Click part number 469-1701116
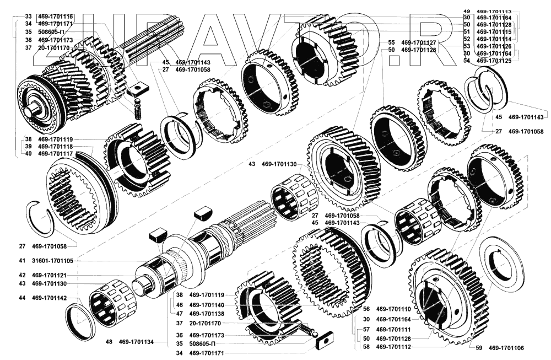(56, 17)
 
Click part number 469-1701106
(506, 348)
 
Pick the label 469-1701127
(419, 42)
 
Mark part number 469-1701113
(494, 12)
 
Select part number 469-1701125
(494, 61)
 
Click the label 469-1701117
(56, 154)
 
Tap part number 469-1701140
(207, 304)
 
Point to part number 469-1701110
(394, 309)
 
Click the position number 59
(478, 348)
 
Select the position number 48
(109, 342)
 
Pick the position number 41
(22, 260)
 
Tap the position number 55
(391, 42)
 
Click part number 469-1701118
(56, 147)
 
